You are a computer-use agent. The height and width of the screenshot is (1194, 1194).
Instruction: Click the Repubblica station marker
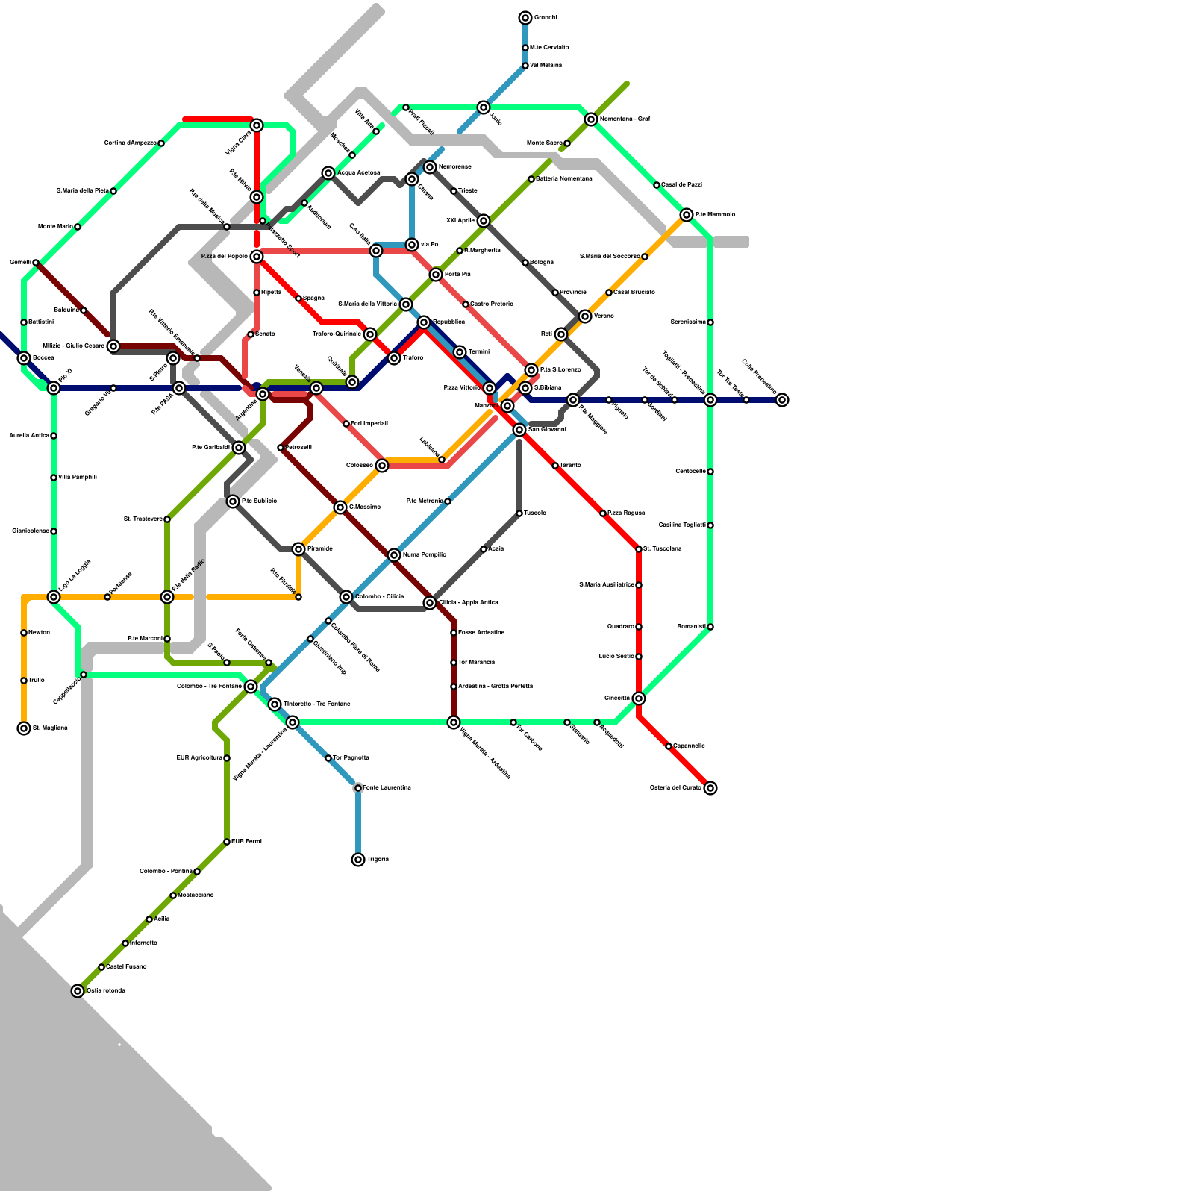424,322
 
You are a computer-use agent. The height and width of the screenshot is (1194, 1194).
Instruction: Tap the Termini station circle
460,352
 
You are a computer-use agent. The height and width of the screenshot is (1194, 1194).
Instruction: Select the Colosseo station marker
382,466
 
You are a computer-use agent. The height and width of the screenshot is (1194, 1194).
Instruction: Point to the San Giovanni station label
547,430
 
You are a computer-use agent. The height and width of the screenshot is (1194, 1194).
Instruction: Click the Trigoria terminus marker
358,860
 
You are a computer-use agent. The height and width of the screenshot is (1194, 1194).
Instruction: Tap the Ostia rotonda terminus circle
78,991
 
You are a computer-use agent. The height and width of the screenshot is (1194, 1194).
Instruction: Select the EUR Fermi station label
246,842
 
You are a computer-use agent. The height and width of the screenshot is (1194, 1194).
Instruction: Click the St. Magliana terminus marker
24,728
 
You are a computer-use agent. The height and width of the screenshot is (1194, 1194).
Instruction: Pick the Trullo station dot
24,681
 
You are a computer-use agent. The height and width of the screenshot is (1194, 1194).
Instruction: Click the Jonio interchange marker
484,107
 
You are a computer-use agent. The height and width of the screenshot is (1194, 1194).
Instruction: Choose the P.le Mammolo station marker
687,215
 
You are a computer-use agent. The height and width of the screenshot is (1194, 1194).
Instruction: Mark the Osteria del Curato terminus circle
710,788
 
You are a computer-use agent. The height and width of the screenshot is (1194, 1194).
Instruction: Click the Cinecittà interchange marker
639,698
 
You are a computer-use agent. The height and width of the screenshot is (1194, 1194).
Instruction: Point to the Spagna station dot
298,298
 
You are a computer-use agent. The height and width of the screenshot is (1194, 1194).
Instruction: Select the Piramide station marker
298,549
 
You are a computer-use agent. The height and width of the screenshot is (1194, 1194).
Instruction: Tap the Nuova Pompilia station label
424,555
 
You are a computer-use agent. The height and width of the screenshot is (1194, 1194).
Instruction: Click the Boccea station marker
24,358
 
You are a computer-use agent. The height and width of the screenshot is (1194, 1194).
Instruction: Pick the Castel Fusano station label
126,967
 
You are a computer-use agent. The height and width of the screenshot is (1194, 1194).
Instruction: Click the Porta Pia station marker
436,275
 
